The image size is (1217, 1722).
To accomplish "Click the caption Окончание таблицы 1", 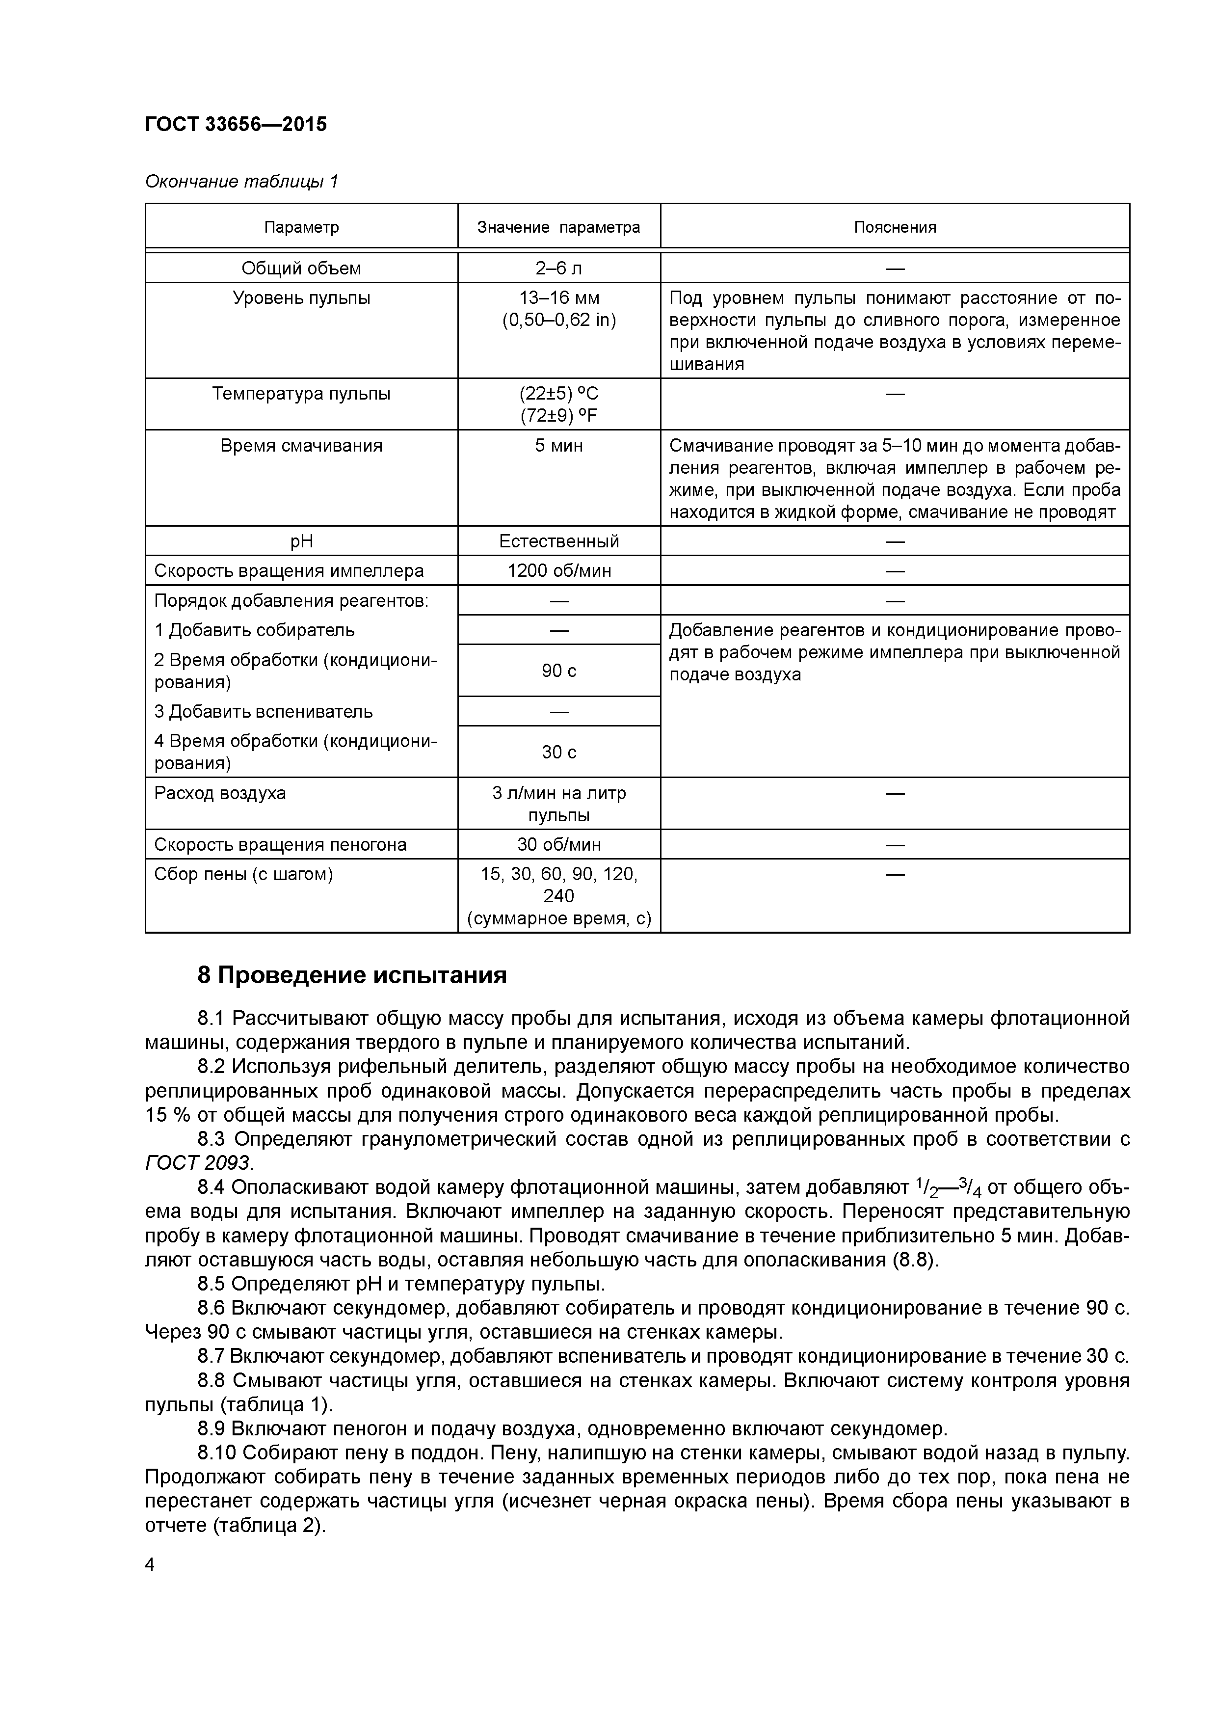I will click(241, 182).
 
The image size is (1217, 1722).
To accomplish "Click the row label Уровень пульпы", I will click(301, 298).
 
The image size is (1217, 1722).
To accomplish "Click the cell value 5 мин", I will click(558, 446).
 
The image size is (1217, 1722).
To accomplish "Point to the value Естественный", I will click(558, 541).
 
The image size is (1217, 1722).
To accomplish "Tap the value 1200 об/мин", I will click(558, 571).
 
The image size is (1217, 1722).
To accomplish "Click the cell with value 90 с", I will click(558, 671).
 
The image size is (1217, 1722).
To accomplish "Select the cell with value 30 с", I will click(558, 752).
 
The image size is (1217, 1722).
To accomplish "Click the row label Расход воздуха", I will click(220, 793).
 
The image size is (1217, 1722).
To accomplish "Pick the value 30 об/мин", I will click(558, 844).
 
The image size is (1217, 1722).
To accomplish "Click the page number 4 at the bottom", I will click(150, 1564).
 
